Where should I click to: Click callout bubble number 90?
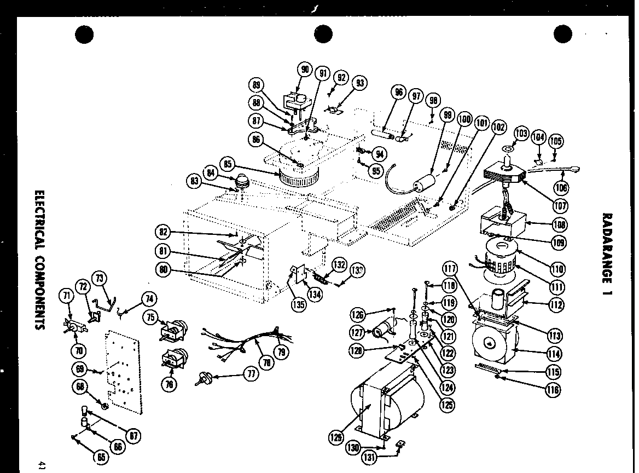[305, 69]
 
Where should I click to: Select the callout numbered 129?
[335, 437]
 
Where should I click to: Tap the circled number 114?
[553, 354]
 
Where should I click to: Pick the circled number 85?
[228, 164]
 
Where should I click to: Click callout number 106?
[561, 188]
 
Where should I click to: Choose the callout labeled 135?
[298, 304]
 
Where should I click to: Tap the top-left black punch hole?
[85, 34]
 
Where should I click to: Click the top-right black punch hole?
[562, 34]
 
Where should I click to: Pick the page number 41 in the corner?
[42, 465]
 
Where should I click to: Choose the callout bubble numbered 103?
[521, 134]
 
